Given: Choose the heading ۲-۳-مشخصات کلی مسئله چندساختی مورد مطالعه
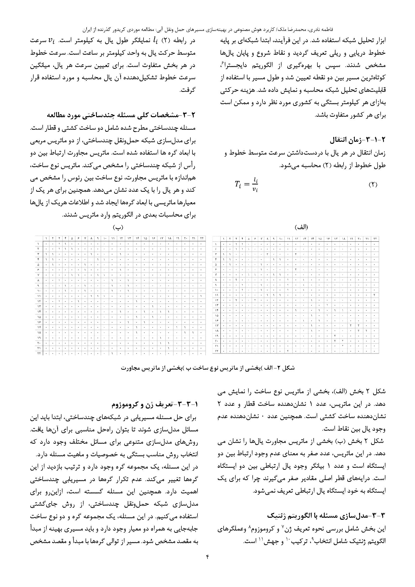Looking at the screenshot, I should tap(121, 115).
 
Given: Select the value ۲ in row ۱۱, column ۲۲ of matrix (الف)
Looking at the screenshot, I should tap(375, 295).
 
